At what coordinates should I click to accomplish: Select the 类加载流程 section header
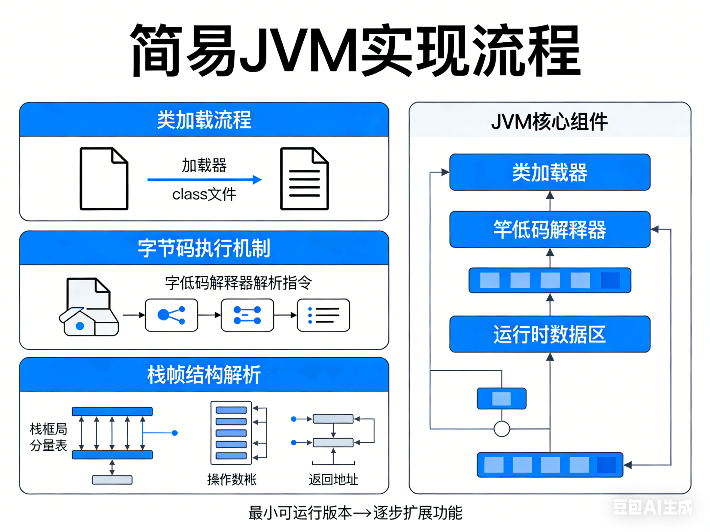[x=204, y=120]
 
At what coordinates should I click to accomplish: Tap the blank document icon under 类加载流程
[x=104, y=179]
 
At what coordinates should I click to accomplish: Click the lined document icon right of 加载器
[x=304, y=179]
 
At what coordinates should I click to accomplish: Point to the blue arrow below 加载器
[x=205, y=179]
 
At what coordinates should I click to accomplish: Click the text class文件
[x=204, y=194]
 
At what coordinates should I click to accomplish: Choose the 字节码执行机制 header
[x=204, y=248]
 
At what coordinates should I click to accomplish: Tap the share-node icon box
[x=171, y=315]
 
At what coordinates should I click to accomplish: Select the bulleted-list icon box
[x=323, y=315]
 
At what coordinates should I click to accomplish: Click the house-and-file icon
[x=89, y=308]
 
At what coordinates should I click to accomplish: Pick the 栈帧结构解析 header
[x=204, y=374]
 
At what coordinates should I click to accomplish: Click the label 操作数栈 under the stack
[x=232, y=480]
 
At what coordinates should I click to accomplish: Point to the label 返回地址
[x=333, y=480]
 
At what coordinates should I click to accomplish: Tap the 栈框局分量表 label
[x=48, y=437]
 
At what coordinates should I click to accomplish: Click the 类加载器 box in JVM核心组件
[x=550, y=172]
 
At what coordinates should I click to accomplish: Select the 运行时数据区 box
[x=550, y=334]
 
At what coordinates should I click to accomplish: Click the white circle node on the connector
[x=502, y=429]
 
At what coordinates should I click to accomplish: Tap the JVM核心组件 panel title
[x=550, y=122]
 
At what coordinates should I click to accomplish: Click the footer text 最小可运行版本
[x=300, y=513]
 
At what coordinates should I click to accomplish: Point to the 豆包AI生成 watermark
[x=652, y=507]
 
